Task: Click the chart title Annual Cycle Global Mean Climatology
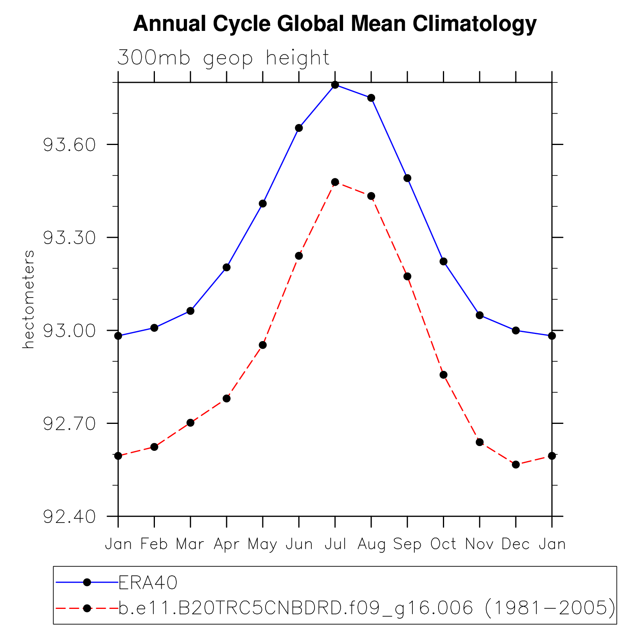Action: (335, 24)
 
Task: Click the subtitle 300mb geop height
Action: (223, 58)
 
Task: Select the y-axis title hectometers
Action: (29, 299)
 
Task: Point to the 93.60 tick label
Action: (69, 145)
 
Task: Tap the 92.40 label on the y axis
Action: (69, 517)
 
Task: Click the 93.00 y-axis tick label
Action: (69, 331)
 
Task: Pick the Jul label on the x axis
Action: (335, 544)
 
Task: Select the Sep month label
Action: (407, 544)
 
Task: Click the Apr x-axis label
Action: (227, 544)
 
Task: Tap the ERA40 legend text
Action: (148, 582)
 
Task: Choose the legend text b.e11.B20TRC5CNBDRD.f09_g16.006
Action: (295, 608)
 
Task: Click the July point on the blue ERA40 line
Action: (335, 85)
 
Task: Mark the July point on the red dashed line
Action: (335, 182)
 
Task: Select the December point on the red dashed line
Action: (516, 464)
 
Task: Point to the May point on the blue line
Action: (263, 204)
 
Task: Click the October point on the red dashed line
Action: (444, 375)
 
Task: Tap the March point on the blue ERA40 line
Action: (191, 311)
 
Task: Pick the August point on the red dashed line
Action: (371, 196)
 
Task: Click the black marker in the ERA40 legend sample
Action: (87, 582)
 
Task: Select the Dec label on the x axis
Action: (516, 544)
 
